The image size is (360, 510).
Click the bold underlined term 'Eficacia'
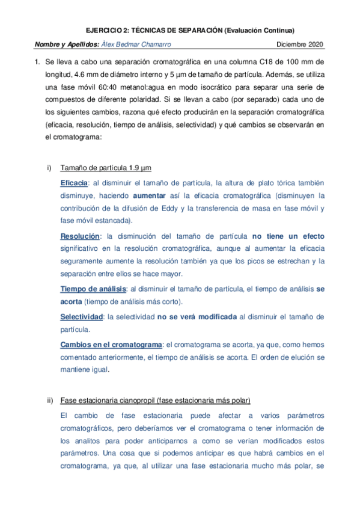coord(74,182)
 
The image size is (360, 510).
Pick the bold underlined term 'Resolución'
coord(79,236)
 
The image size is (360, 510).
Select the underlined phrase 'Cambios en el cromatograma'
coord(111,344)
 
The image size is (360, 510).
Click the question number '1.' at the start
coord(38,61)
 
